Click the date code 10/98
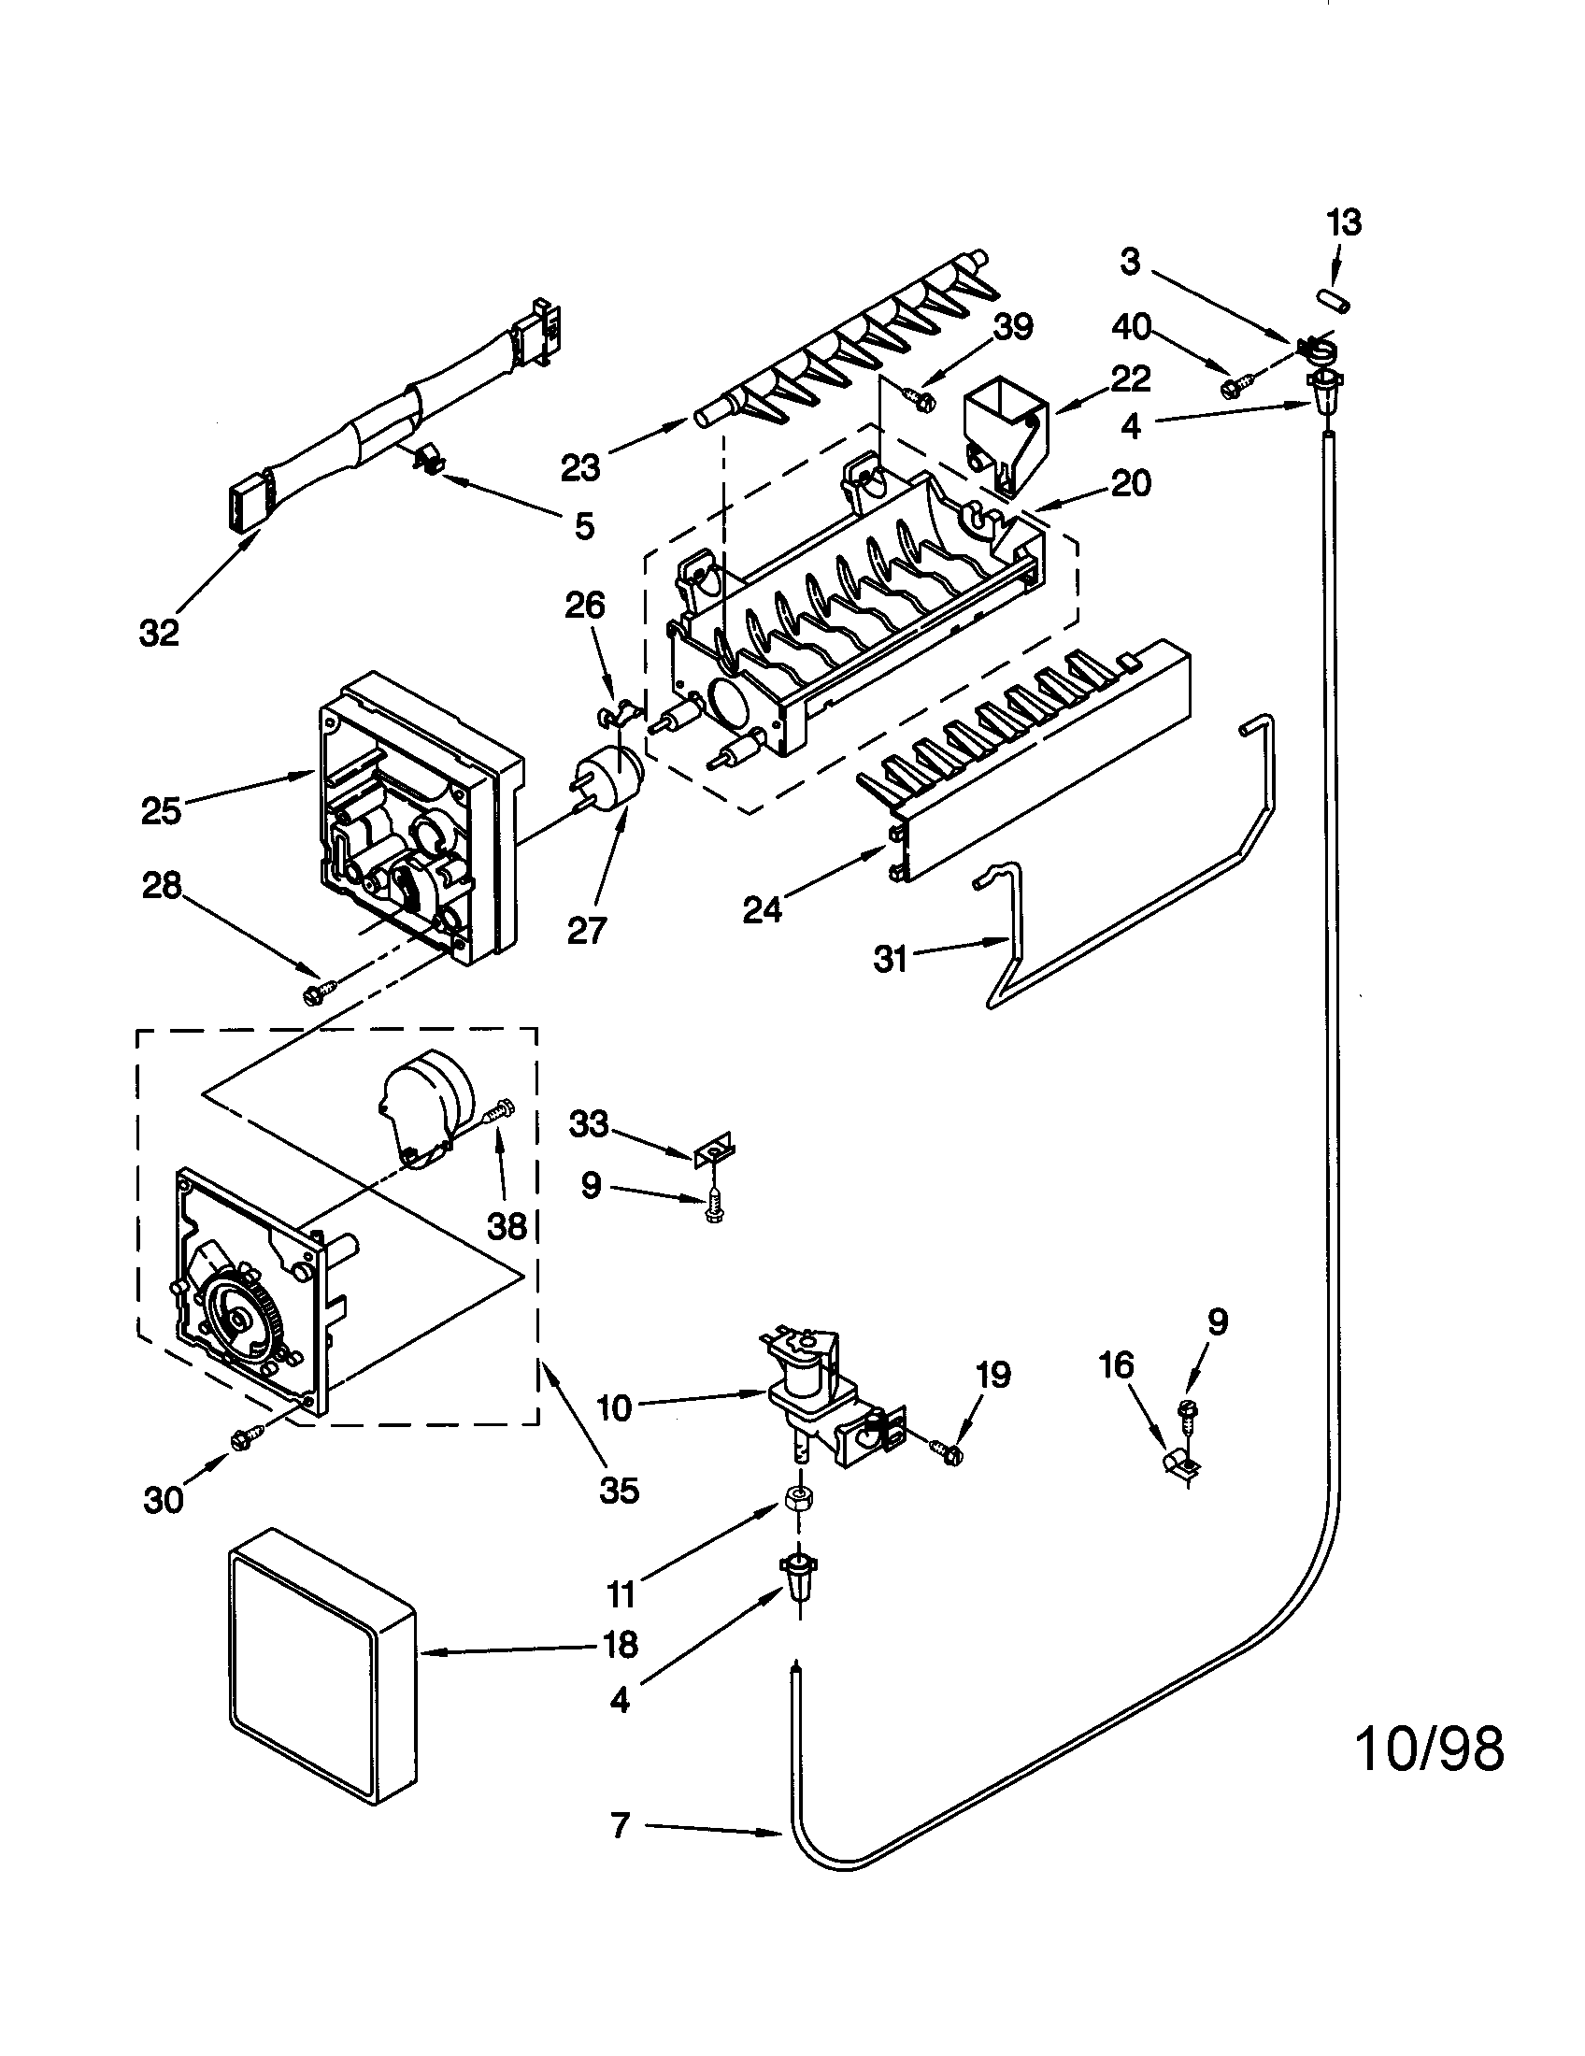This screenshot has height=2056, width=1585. tap(1430, 1749)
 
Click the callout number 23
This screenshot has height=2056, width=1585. tap(579, 467)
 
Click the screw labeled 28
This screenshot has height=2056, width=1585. tap(317, 992)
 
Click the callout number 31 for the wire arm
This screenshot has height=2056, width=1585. tap(890, 959)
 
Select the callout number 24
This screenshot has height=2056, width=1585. tap(762, 910)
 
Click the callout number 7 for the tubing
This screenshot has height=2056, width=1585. tap(620, 1826)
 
